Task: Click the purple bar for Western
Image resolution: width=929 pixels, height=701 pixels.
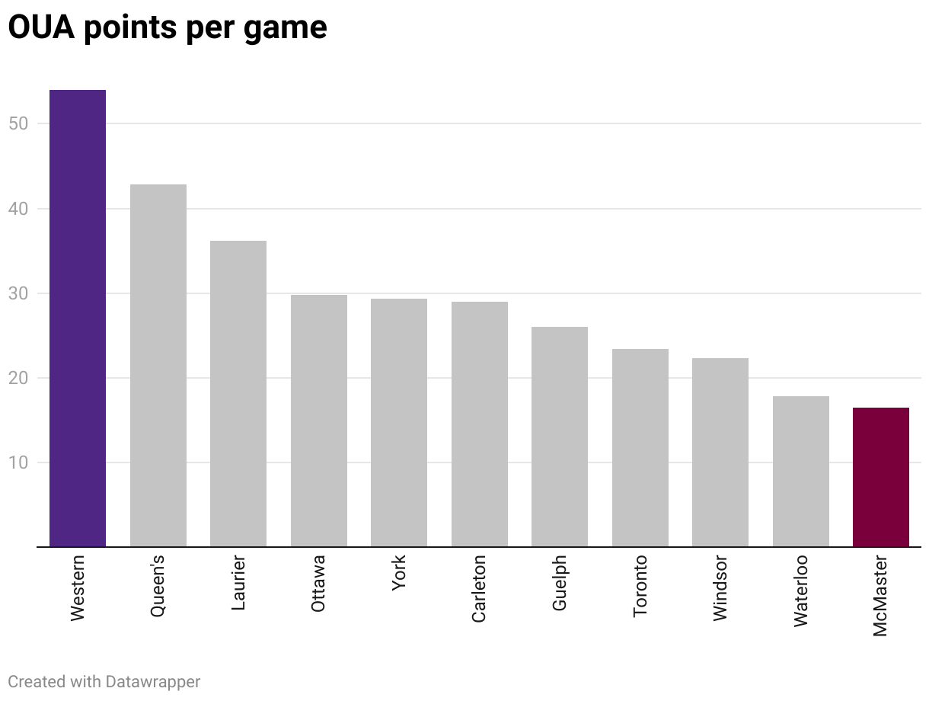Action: point(78,318)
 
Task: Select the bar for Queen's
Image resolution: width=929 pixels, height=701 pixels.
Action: point(158,366)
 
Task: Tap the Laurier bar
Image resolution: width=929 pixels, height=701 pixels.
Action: point(238,394)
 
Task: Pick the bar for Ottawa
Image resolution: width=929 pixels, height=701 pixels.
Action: point(319,421)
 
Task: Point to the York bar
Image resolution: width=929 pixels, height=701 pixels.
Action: point(399,423)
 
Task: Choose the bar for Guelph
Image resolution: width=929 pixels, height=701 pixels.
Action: point(560,437)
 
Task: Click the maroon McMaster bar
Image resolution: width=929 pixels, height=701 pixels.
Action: point(881,477)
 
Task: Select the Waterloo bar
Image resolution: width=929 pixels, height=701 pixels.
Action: point(801,472)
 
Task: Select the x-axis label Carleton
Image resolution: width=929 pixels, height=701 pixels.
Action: point(479,590)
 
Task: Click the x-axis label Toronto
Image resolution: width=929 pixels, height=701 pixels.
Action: point(640,586)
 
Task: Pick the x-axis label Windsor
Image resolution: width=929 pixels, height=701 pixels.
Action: point(720,589)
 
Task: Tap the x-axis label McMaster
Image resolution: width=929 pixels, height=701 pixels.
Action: point(881,595)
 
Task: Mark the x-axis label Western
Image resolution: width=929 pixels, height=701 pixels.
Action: point(78,588)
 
